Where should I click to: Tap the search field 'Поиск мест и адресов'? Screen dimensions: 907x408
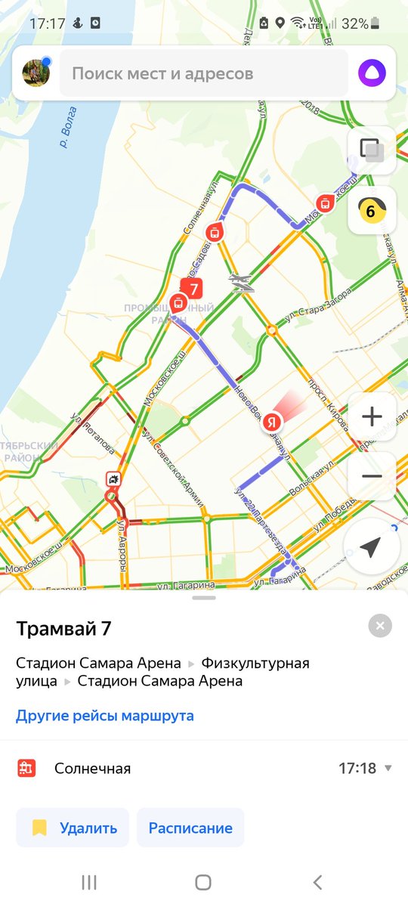204,73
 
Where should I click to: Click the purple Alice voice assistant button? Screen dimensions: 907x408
372,73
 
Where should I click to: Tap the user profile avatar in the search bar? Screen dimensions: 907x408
36,73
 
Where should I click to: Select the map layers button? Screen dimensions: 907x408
372,150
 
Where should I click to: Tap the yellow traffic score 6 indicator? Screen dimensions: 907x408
372,210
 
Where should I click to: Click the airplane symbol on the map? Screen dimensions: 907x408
241,282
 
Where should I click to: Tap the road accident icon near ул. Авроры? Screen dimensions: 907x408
113,480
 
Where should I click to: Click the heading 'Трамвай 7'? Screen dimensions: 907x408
63,628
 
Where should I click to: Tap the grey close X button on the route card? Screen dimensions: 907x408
380,626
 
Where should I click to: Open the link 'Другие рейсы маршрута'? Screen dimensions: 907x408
105,715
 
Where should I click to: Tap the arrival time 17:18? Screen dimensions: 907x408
357,769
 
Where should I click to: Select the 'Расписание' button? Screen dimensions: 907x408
190,828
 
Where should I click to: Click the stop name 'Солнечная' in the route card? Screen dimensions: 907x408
92,769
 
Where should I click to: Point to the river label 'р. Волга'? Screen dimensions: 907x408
69,125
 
